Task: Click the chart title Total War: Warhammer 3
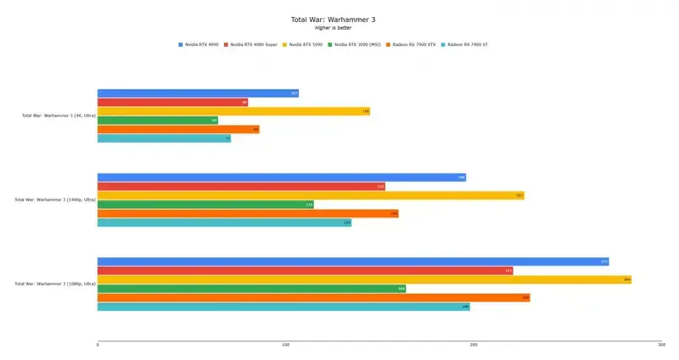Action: [339, 19]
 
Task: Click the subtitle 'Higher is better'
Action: [339, 27]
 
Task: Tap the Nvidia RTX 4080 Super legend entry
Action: [253, 44]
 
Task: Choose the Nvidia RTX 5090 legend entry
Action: [306, 44]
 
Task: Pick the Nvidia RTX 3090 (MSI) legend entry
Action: [356, 44]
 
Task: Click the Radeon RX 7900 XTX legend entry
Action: [413, 44]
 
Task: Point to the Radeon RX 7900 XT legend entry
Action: [467, 44]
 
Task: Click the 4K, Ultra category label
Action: [58, 115]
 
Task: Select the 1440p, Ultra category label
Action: [54, 200]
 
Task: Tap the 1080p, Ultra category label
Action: [54, 284]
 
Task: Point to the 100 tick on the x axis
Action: [285, 345]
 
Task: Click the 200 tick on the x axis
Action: [474, 345]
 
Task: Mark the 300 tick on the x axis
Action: [660, 345]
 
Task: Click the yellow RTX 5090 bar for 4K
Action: [233, 111]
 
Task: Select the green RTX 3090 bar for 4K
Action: [158, 121]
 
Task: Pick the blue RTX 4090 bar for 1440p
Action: [281, 177]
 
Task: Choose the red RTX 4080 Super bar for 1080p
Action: [305, 271]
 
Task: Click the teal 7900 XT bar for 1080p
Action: [283, 307]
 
